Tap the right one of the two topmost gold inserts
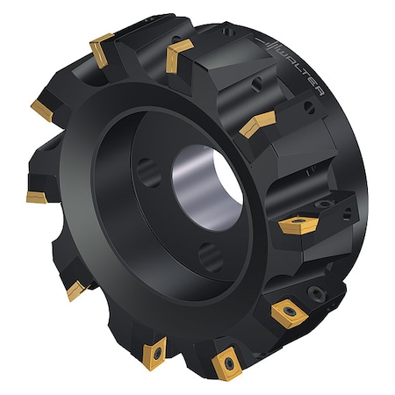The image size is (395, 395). click(181, 53)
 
